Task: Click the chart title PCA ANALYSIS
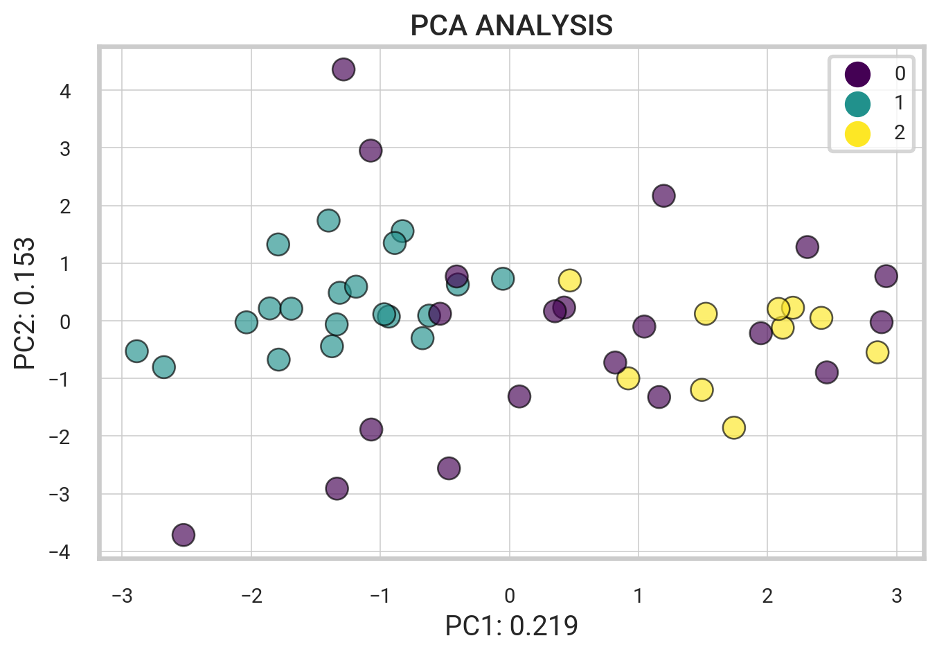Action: (x=511, y=26)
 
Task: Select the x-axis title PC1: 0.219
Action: (x=511, y=626)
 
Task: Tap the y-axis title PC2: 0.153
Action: (x=25, y=303)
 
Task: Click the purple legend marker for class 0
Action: (x=857, y=73)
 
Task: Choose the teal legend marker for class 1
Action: (x=857, y=103)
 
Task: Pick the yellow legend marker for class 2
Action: (x=857, y=133)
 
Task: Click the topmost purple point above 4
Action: (x=343, y=69)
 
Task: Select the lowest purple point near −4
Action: (x=183, y=535)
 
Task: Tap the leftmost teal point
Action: (x=137, y=351)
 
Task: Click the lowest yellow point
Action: (x=734, y=427)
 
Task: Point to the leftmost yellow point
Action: (x=569, y=281)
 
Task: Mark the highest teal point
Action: (x=328, y=221)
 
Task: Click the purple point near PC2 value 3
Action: (x=371, y=150)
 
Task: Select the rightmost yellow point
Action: (x=877, y=352)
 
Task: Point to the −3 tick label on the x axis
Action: (x=122, y=596)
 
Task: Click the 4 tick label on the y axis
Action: (x=65, y=91)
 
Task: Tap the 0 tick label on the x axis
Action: (x=509, y=596)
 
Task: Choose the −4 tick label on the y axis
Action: (x=60, y=552)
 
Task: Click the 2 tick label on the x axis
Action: (x=767, y=596)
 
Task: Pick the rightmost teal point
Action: (x=503, y=279)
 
